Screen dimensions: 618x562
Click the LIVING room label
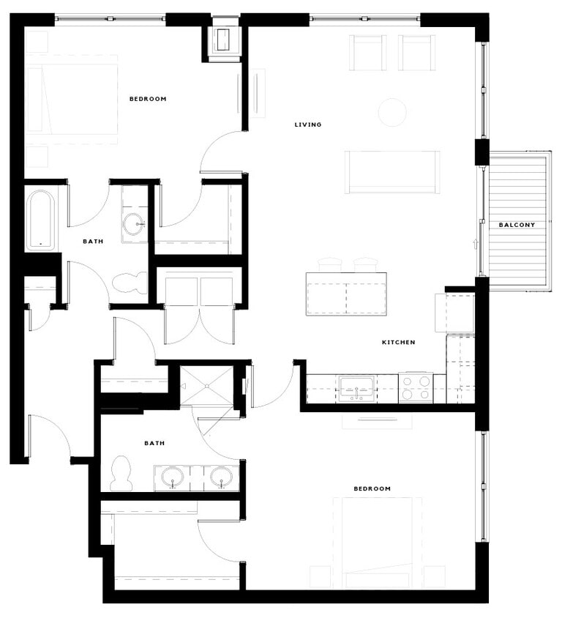coord(307,124)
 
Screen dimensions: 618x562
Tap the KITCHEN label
coord(399,342)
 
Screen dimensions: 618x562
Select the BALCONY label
coord(517,225)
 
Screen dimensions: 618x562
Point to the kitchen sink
coord(356,388)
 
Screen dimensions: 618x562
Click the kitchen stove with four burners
coord(415,388)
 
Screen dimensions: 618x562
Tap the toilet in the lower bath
coord(121,473)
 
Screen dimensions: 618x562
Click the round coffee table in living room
coord(392,112)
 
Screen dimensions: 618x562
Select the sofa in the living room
coord(392,172)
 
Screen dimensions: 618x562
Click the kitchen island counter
coord(346,294)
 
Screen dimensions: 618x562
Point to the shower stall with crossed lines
coord(206,386)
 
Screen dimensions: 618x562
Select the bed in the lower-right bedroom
coord(378,542)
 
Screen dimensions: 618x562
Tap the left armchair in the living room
coord(367,53)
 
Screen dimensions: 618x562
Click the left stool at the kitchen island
coord(330,264)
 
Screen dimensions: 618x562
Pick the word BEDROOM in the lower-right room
coord(372,488)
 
